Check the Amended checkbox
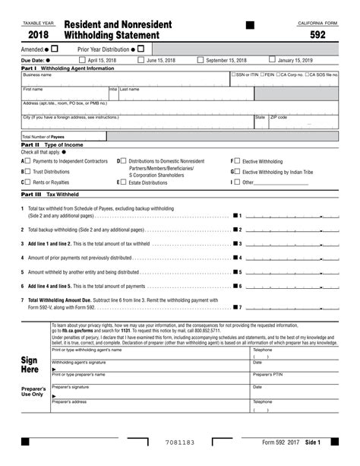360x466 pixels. pos(54,49)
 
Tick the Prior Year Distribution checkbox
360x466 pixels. pos(141,49)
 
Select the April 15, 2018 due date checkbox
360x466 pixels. pos(82,60)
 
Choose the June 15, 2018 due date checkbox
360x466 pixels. pos(141,60)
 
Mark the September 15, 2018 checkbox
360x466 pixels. pos(201,60)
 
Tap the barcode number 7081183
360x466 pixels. pos(180,442)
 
